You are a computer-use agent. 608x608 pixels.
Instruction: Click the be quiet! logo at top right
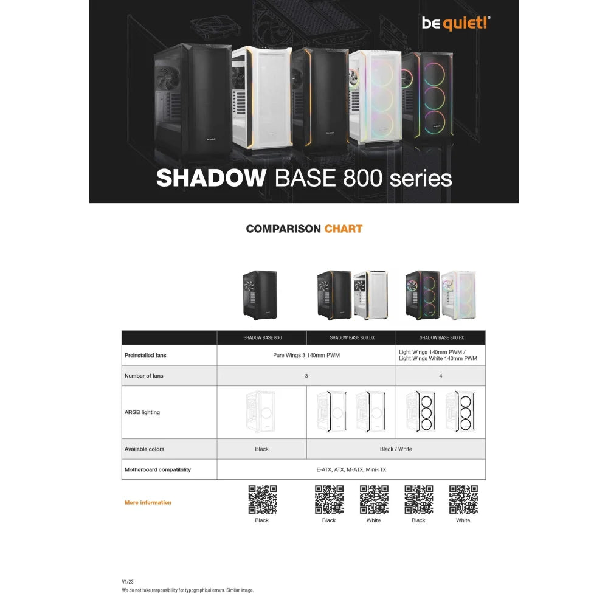tap(456, 22)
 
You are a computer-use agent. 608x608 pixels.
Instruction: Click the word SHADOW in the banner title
tap(211, 178)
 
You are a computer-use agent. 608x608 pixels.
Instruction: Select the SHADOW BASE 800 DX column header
tap(351, 337)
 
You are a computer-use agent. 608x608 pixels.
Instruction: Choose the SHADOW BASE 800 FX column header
tap(440, 337)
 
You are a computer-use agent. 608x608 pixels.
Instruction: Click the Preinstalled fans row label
tap(145, 355)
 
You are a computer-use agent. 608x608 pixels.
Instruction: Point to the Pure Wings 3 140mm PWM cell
tap(306, 355)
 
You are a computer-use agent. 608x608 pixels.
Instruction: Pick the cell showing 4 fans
tap(441, 376)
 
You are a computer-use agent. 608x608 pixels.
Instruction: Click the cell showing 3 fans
tap(306, 376)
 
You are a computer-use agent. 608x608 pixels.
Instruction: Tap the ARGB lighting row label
tap(142, 412)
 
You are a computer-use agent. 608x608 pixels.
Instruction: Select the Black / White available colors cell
tap(396, 449)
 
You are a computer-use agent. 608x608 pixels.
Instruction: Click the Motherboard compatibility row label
tap(157, 469)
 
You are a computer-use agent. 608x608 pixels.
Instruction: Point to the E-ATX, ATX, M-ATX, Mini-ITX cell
tap(351, 469)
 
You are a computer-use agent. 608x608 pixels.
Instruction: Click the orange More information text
tap(148, 502)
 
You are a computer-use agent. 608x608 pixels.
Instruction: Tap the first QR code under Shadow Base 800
tap(262, 499)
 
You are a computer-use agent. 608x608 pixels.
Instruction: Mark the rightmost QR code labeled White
tap(463, 499)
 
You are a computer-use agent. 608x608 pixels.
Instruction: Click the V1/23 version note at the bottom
tap(128, 581)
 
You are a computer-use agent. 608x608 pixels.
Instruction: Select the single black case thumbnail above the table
tap(260, 295)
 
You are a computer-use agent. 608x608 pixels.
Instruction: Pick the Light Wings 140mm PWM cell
tap(438, 355)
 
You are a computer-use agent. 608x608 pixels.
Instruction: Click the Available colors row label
tap(144, 449)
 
